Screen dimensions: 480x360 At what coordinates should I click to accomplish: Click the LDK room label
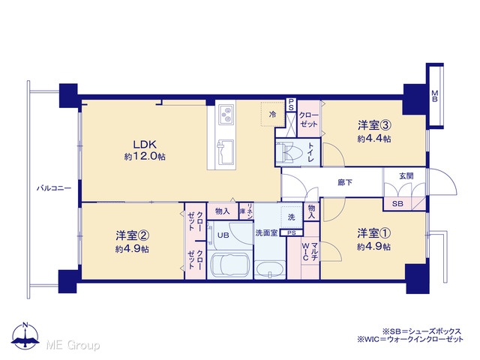pyautogui.click(x=145, y=144)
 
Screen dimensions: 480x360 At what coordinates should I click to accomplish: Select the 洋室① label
pyautogui.click(x=373, y=233)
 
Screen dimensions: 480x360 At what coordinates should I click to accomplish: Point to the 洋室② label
pyautogui.click(x=132, y=235)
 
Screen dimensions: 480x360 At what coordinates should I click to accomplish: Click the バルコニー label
pyautogui.click(x=54, y=188)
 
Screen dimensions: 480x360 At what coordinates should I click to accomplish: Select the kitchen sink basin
pyautogui.click(x=226, y=152)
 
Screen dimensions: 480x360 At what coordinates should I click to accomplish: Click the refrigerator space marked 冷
pyautogui.click(x=272, y=114)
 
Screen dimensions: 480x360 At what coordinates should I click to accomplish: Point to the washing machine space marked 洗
pyautogui.click(x=292, y=217)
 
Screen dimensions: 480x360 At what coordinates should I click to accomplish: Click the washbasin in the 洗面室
pyautogui.click(x=269, y=269)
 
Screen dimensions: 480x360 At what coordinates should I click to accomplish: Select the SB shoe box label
pyautogui.click(x=397, y=203)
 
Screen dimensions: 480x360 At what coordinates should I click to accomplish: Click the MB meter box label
pyautogui.click(x=434, y=96)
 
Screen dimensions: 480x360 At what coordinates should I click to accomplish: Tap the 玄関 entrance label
pyautogui.click(x=406, y=175)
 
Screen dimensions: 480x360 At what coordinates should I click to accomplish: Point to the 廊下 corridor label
pyautogui.click(x=345, y=182)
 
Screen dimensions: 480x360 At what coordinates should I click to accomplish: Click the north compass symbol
pyautogui.click(x=25, y=336)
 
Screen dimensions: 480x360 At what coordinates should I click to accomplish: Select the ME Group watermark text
pyautogui.click(x=73, y=345)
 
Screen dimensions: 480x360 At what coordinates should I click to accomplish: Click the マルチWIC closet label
pyautogui.click(x=310, y=251)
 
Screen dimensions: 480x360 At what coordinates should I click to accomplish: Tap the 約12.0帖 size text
pyautogui.click(x=145, y=157)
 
